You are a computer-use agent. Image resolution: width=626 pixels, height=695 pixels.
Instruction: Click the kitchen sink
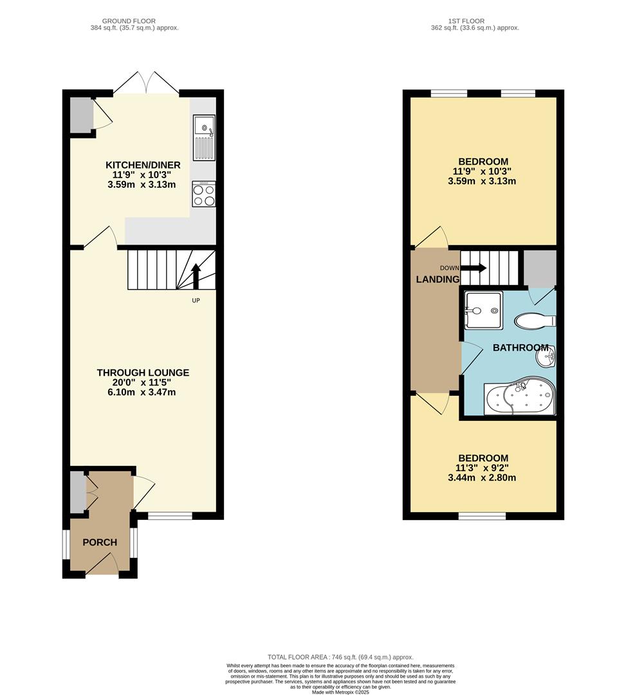click(204, 136)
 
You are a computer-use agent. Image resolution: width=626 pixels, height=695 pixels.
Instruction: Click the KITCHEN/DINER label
click(143, 165)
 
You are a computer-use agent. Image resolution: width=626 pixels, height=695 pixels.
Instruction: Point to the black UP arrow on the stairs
click(196, 277)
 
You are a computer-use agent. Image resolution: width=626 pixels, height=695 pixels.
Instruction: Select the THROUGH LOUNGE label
click(143, 373)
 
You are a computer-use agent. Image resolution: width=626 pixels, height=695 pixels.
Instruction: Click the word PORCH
click(100, 542)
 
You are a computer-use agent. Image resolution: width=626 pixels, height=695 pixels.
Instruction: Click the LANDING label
click(437, 279)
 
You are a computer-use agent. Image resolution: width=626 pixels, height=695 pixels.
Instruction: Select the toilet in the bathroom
click(534, 320)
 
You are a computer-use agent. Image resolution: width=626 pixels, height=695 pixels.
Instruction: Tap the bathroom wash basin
click(546, 355)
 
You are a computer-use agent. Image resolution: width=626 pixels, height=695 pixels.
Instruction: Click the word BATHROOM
click(520, 347)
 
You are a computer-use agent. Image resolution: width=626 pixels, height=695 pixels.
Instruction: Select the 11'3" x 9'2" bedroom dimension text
click(483, 468)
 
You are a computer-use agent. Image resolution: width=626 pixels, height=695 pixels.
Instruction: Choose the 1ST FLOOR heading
click(474, 21)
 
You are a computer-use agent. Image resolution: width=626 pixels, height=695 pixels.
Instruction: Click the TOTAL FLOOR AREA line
click(340, 656)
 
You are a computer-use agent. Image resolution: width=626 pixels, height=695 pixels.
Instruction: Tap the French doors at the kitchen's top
click(147, 84)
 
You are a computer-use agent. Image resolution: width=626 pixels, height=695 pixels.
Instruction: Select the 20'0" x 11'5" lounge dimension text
click(143, 382)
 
